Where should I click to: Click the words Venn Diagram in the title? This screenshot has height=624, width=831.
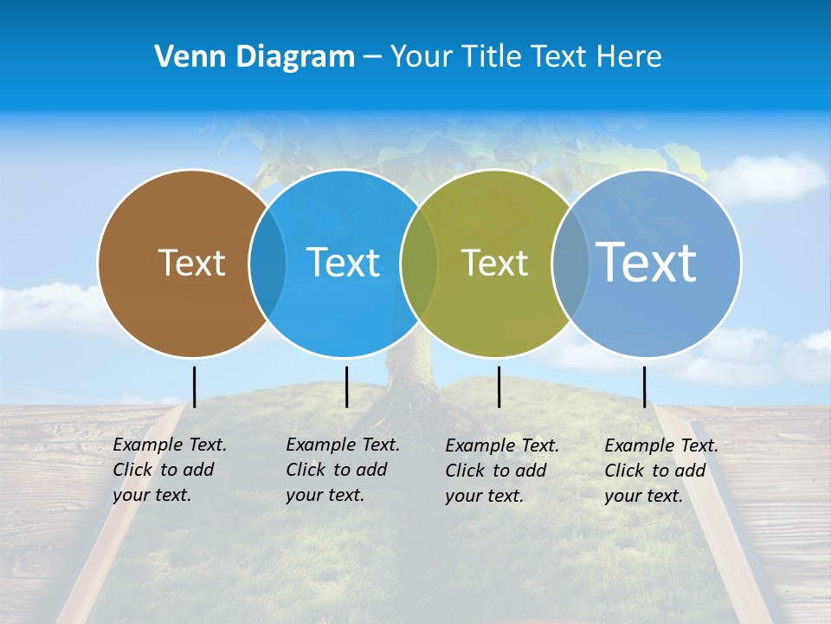tap(254, 57)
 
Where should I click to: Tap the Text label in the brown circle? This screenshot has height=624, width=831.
tap(191, 263)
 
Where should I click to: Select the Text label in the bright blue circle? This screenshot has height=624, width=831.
tap(343, 263)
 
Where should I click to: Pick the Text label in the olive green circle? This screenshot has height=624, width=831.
tap(494, 263)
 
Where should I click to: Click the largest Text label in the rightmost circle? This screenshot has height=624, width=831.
tap(646, 262)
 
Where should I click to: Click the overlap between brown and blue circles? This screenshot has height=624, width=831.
tap(267, 263)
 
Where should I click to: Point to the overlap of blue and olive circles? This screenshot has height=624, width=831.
tap(419, 263)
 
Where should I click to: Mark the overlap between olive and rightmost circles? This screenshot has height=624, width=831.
tap(570, 263)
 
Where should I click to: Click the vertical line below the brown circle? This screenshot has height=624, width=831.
tap(194, 387)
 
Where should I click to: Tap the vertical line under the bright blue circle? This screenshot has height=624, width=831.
tap(346, 387)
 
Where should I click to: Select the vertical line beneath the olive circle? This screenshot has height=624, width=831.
tap(499, 387)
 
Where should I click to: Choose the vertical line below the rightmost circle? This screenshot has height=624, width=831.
tap(644, 387)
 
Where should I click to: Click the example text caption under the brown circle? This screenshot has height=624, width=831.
tap(169, 470)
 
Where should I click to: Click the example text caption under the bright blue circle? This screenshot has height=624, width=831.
tap(342, 470)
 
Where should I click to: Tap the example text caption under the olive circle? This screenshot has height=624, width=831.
tap(501, 471)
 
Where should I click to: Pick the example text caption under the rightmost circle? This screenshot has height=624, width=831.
tap(660, 471)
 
